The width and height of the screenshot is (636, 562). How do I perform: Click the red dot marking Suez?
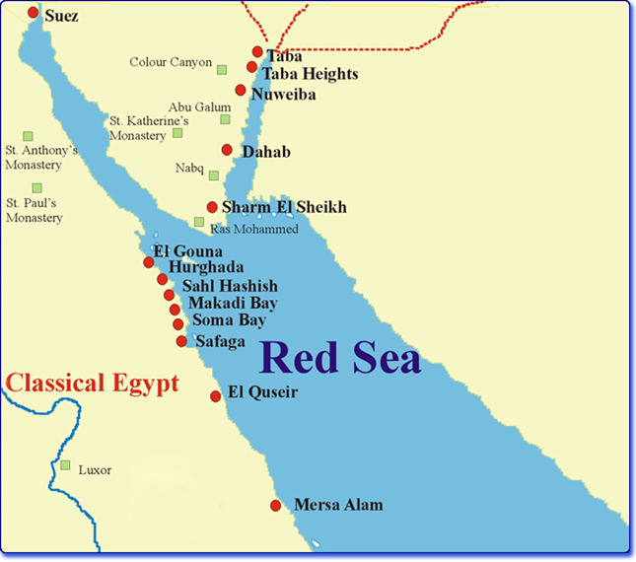[34, 13]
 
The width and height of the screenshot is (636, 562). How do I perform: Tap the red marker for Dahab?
[227, 150]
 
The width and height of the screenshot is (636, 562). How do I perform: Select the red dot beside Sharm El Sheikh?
[212, 207]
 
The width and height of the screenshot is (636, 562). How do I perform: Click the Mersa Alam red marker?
[275, 506]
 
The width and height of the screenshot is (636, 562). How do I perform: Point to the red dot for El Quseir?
[216, 395]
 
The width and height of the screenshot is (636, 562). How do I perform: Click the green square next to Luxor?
[65, 465]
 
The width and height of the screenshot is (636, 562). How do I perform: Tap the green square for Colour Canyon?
[222, 69]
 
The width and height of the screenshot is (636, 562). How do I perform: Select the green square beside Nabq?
[213, 175]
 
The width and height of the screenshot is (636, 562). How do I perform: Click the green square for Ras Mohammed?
[199, 223]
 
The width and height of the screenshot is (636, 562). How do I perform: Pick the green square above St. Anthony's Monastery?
[29, 135]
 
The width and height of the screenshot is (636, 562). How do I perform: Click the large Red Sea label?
[340, 357]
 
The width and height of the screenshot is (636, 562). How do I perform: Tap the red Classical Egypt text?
[91, 383]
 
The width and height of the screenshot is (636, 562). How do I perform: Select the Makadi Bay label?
[233, 303]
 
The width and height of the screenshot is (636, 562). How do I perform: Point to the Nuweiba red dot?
[240, 90]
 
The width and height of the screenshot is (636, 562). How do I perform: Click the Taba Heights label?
[310, 74]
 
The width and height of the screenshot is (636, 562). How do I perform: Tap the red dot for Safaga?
[181, 341]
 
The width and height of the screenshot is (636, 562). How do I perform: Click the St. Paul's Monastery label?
[34, 210]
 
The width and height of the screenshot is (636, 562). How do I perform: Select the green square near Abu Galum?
[225, 119]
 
